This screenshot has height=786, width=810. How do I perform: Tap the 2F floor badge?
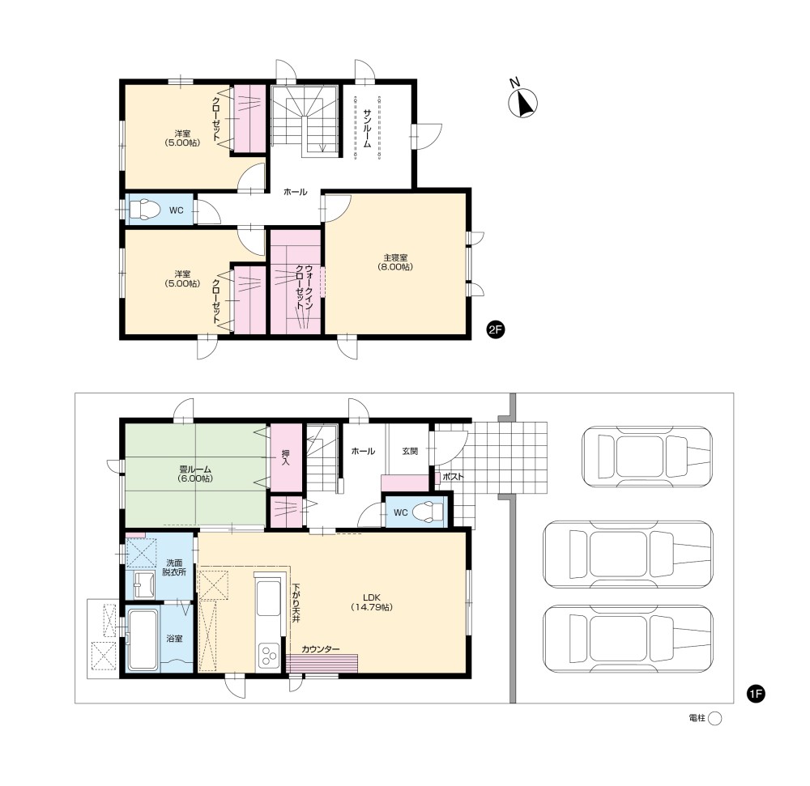tap(496, 329)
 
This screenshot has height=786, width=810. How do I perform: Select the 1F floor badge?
tap(756, 694)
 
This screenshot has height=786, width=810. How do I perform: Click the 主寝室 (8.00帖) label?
tap(395, 262)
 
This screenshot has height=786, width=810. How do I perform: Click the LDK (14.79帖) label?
tap(372, 602)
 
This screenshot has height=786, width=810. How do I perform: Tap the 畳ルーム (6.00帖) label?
tap(195, 474)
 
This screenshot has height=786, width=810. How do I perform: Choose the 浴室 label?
tap(175, 639)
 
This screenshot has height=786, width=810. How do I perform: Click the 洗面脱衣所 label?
tap(174, 567)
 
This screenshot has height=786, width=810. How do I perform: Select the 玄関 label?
tap(410, 451)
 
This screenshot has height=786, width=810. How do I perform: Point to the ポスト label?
tap(453, 476)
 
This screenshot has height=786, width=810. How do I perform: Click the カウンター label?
tap(321, 649)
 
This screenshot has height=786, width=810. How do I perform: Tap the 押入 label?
tap(286, 457)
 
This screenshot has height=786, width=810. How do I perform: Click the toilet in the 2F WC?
tap(145, 210)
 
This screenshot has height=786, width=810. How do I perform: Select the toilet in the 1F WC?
tap(428, 512)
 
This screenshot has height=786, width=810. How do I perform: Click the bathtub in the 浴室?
tap(143, 640)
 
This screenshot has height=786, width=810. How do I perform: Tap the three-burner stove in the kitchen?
tap(269, 656)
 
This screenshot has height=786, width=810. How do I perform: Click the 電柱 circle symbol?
tap(714, 718)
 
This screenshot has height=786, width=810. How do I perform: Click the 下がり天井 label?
tap(296, 602)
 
